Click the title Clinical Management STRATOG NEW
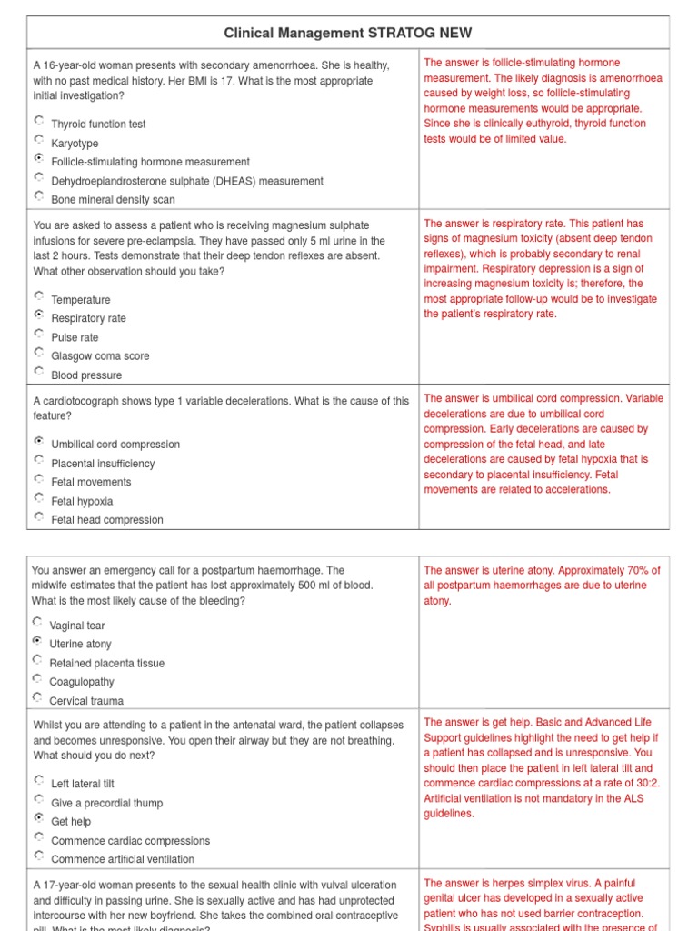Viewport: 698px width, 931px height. (x=348, y=34)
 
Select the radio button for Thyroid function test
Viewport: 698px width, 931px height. (x=38, y=120)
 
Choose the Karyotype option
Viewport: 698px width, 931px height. (x=38, y=139)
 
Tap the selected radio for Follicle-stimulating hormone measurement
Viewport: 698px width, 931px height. (x=38, y=158)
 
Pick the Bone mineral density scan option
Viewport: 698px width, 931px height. (x=38, y=195)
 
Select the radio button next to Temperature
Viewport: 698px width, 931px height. (x=38, y=295)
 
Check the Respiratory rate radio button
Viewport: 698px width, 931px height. (x=38, y=315)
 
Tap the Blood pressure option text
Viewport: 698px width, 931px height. (x=86, y=375)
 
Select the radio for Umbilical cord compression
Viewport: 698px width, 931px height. (x=38, y=440)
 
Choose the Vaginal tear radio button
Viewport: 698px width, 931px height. (x=36, y=622)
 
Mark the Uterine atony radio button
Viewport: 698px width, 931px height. (x=36, y=640)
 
